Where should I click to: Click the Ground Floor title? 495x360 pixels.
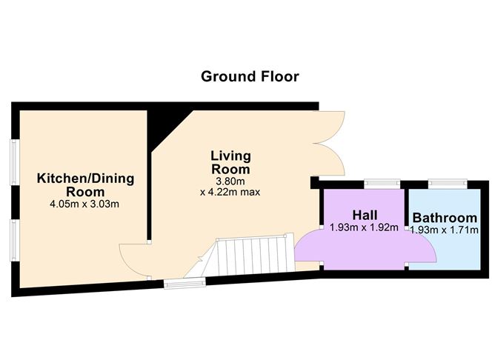250,76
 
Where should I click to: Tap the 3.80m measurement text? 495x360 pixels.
230,181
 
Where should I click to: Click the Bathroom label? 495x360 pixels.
445,218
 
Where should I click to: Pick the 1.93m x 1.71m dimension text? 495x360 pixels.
445,230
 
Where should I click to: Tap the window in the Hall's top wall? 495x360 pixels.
381,182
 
